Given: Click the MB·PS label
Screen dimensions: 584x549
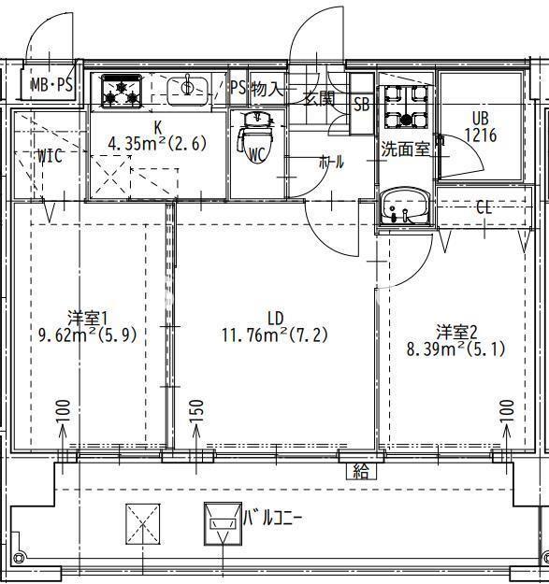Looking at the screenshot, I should click(52, 85).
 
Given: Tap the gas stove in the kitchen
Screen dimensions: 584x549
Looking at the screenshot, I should click(121, 90).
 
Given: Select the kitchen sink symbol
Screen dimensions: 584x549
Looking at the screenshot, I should click(188, 89).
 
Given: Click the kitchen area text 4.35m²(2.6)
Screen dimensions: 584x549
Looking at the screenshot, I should click(157, 144).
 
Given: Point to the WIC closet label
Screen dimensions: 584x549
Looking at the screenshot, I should click(50, 156).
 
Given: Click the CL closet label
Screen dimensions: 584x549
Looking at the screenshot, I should click(484, 207).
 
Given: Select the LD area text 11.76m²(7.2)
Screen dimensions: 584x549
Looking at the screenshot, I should click(275, 334).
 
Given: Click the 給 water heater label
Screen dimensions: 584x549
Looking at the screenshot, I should click(360, 470).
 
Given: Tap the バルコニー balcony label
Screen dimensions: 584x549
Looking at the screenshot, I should click(273, 516).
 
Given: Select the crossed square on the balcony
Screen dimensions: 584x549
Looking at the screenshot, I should click(143, 523).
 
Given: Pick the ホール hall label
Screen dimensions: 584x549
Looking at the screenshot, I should click(331, 162).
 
